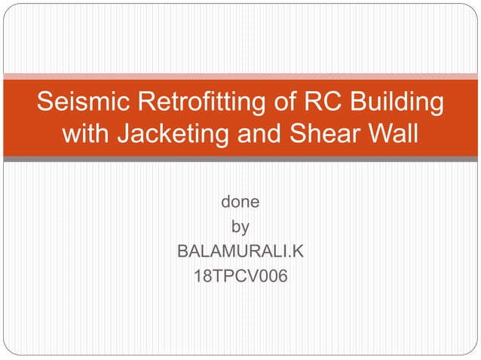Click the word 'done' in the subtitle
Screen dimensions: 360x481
pos(240,203)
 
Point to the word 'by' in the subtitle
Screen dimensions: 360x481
pos(240,227)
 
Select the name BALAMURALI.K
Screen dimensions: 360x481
pos(240,251)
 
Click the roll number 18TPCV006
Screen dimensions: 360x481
pos(240,276)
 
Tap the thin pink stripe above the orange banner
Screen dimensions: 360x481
pos(240,75)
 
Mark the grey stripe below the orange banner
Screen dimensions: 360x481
pos(240,159)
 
